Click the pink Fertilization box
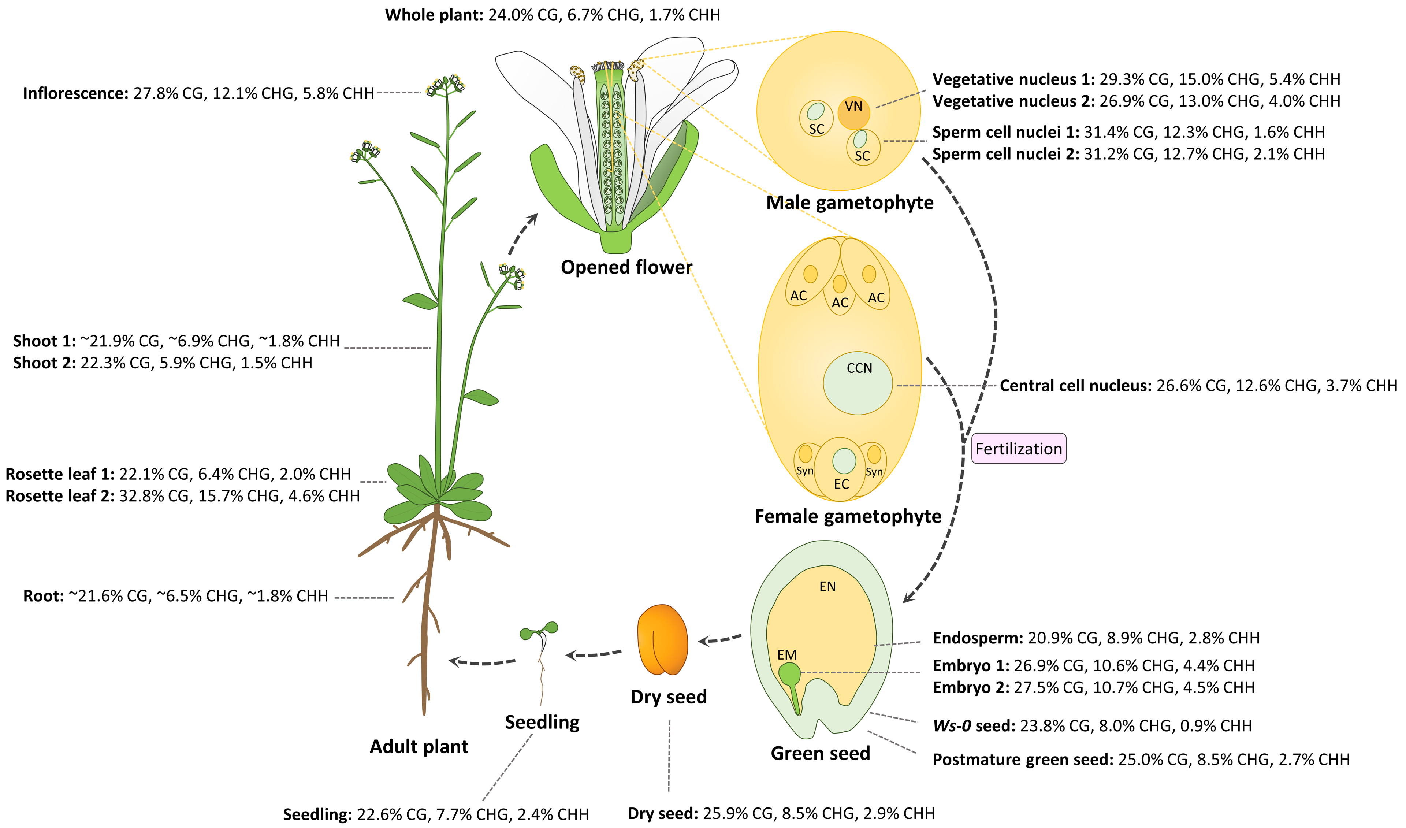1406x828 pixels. [x=1018, y=449]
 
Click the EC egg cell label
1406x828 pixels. [x=841, y=484]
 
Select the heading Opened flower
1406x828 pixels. [x=626, y=267]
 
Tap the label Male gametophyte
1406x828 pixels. [x=849, y=203]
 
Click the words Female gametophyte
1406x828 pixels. [x=848, y=516]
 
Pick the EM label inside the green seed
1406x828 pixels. [x=787, y=654]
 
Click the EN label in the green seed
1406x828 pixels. [x=827, y=586]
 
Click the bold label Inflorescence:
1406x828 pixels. [x=76, y=93]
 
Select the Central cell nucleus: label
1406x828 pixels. [x=1075, y=386]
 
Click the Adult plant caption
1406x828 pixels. [x=419, y=747]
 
